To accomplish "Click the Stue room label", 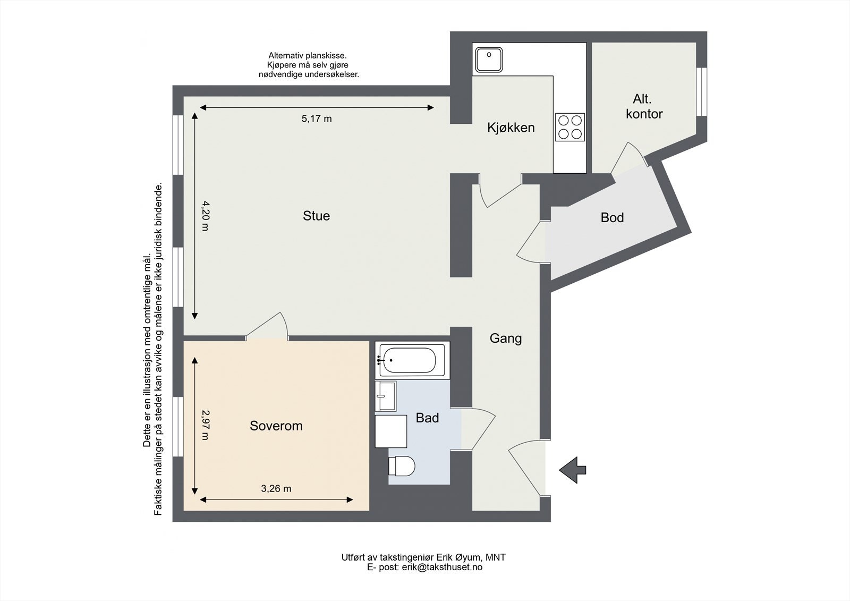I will (x=316, y=216).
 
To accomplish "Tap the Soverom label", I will (x=276, y=426).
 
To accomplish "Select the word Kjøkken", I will (x=511, y=128).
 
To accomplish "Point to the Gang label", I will (x=505, y=338).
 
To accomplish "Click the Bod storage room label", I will (x=612, y=217).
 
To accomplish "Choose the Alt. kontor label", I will (x=644, y=106).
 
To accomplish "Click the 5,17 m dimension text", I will (x=317, y=119).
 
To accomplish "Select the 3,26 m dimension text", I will (x=276, y=489).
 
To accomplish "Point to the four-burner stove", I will (x=570, y=127).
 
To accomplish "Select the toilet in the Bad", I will (x=402, y=466).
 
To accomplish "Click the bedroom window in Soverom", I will (x=178, y=426).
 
